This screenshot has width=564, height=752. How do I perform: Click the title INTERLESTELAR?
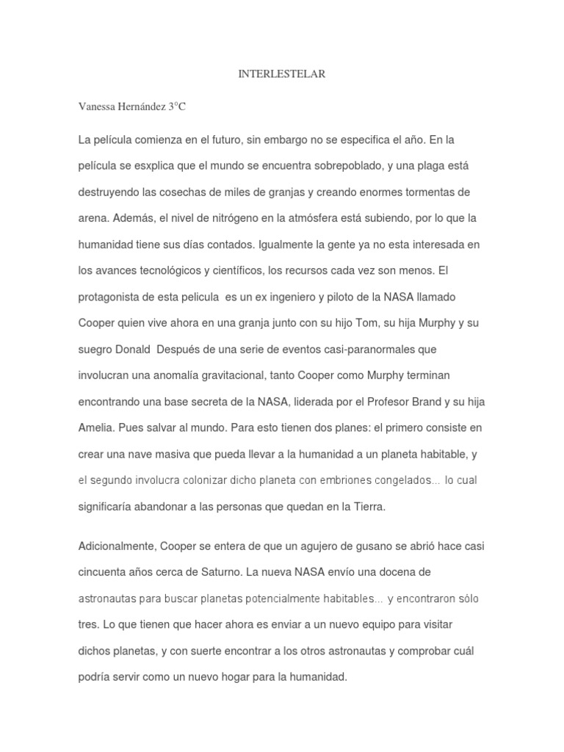coord(282,74)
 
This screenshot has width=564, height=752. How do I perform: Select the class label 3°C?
coord(177,106)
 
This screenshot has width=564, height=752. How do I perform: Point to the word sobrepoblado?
coord(344,165)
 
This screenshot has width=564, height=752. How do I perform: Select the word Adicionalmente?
coord(117,546)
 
